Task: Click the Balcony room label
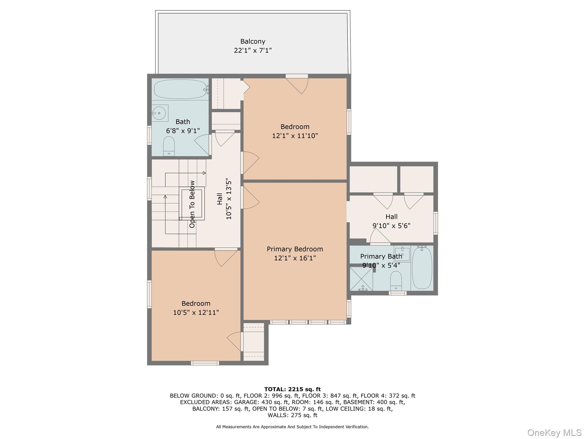(253, 42)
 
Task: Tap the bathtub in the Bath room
(180, 89)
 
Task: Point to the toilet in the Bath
(169, 146)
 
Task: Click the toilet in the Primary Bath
(396, 281)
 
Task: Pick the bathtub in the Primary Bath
(422, 268)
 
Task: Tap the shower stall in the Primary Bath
(361, 279)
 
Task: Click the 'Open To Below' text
(192, 204)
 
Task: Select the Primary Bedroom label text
(295, 249)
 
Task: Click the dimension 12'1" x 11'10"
(295, 136)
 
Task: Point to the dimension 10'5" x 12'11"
(196, 312)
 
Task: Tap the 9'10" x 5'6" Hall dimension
(391, 226)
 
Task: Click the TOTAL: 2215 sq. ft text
(292, 389)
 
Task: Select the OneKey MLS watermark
(554, 432)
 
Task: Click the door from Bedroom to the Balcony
(297, 84)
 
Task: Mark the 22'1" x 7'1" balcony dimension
(253, 51)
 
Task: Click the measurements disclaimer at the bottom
(292, 427)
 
